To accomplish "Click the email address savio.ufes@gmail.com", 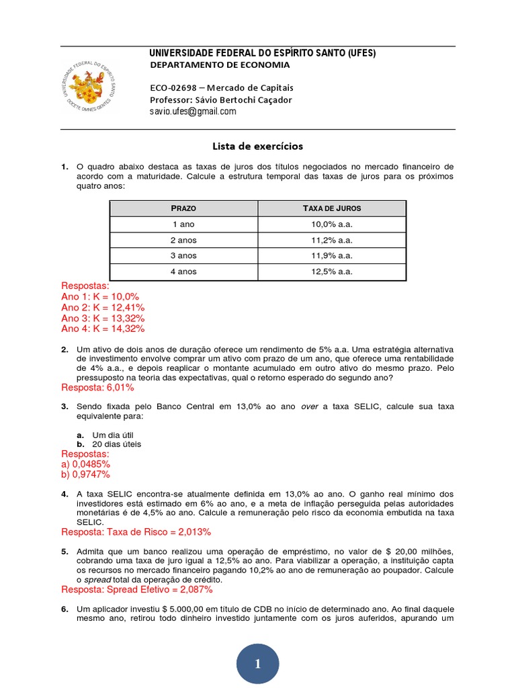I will pos(193,112).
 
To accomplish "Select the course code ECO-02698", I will pos(172,88).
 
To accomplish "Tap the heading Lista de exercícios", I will pos(258,146).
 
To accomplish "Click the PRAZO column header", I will pos(184,208).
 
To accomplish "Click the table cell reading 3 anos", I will pos(184,256).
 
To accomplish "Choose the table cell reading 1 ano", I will pos(184,224).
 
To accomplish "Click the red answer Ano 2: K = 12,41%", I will pos(103,307).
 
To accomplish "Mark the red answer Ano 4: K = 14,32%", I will pos(103,329).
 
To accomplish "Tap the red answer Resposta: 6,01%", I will pos(97,388).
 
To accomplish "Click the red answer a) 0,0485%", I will pos(86,464).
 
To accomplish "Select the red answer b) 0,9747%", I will pos(86,475).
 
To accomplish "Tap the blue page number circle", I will pos(257,664).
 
